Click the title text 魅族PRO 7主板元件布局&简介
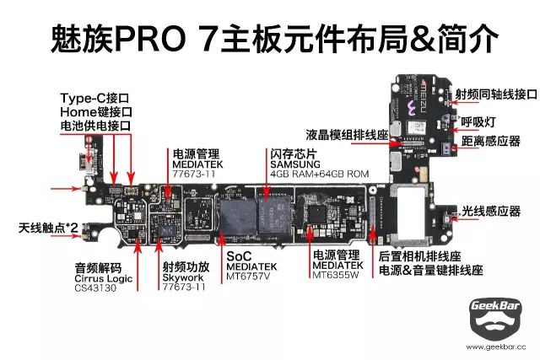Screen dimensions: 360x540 [270, 38]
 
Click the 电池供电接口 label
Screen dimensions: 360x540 [96, 126]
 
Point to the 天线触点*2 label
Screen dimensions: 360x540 [48, 228]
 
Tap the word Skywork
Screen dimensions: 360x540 [184, 277]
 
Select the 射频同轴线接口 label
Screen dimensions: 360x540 [496, 94]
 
